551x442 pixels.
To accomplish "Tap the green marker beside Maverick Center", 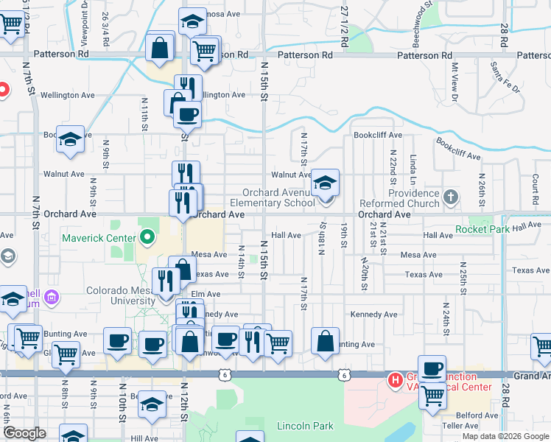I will pos(147,238).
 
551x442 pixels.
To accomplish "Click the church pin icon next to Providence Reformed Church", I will pos(452,197).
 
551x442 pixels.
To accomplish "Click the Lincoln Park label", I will pos(305,426).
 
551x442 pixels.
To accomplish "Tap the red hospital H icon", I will pos(395,381).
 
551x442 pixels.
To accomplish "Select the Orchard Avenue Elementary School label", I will pos(273,197).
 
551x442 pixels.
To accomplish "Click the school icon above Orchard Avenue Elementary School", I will pos(324,182).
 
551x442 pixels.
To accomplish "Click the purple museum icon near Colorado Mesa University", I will pos(52,298).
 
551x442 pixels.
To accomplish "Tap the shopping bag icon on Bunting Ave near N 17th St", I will pos(325,341).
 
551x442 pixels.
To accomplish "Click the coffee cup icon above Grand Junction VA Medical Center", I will pos(432,368).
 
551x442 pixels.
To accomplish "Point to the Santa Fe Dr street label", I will pos(505,78).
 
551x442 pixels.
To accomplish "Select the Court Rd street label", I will pos(535,189).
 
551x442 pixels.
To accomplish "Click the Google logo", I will pos(24,433).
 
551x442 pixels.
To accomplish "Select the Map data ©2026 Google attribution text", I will pos(505,436).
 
